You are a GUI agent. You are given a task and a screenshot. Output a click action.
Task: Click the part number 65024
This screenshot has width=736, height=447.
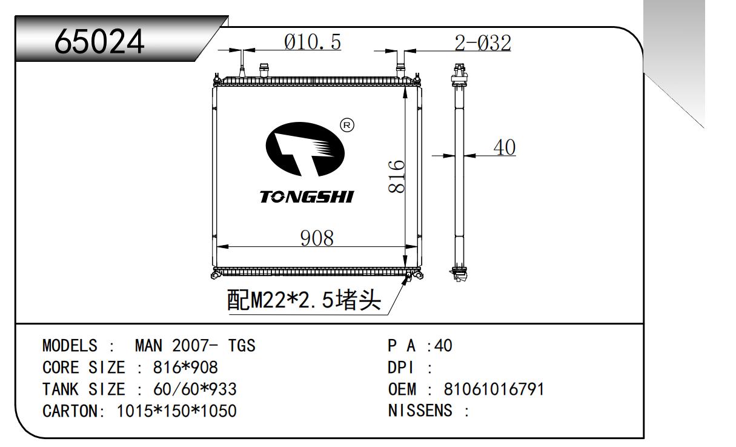[99, 41]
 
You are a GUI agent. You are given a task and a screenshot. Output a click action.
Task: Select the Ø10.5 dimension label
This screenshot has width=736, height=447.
[313, 42]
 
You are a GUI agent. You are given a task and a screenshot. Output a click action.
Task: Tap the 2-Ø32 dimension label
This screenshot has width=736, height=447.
[482, 43]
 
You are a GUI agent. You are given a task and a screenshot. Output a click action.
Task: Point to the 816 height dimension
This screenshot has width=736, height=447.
[396, 176]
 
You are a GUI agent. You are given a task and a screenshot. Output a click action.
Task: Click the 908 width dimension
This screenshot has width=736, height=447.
[317, 238]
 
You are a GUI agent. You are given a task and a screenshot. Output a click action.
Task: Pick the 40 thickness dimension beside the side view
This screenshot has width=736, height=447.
[505, 147]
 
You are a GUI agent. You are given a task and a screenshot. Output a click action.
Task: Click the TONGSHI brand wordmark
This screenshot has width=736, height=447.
[307, 197]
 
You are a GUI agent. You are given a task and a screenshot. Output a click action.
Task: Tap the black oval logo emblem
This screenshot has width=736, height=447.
[305, 149]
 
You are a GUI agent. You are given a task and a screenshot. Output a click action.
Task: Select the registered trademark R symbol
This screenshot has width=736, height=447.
[348, 126]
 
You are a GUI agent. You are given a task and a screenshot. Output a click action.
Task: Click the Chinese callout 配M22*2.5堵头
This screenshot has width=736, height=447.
[304, 300]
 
